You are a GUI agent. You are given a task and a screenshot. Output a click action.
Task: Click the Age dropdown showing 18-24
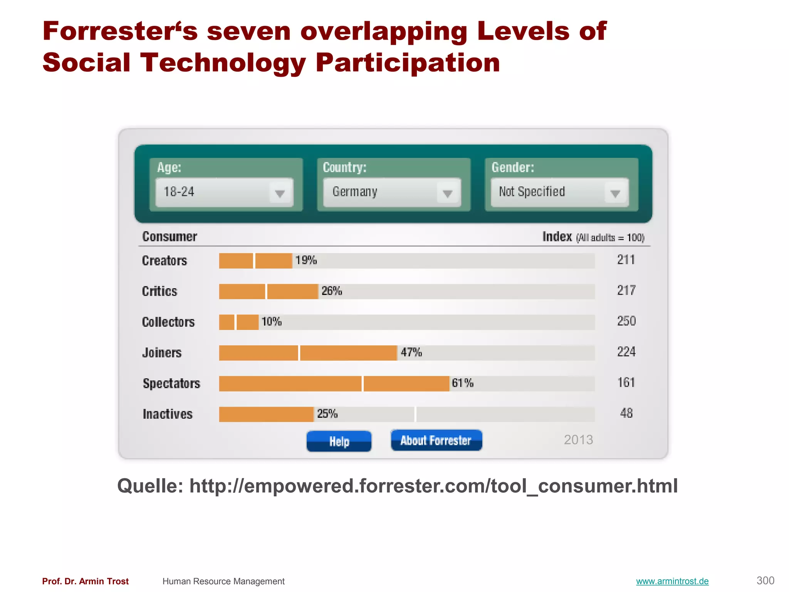224,192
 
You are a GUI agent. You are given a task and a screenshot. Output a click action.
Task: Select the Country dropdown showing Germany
392,192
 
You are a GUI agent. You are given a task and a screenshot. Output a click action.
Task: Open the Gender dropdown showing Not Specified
559,192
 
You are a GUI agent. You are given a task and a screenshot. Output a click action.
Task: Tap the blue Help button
339,441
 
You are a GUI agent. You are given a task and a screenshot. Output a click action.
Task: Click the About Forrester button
436,440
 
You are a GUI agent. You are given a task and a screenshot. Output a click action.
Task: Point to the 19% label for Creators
306,261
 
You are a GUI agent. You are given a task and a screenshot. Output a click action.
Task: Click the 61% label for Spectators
462,383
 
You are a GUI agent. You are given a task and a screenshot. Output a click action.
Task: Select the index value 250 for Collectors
626,321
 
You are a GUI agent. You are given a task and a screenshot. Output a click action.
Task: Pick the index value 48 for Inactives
626,413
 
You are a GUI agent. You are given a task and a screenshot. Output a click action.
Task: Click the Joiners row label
162,353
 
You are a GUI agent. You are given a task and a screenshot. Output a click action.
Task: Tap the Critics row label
159,291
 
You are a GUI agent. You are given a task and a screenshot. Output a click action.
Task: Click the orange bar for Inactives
266,414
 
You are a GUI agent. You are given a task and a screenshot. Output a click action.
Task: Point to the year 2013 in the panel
578,440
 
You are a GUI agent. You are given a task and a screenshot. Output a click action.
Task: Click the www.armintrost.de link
672,581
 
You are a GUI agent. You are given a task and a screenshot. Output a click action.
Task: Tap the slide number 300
765,580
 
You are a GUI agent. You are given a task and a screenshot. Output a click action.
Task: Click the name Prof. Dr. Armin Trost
86,581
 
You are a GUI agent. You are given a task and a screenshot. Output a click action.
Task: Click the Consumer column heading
170,237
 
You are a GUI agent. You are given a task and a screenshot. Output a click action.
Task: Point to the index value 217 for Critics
626,290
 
